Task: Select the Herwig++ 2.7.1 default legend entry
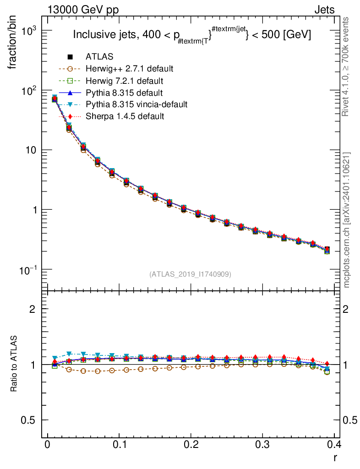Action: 129,69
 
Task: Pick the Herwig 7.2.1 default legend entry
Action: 124,81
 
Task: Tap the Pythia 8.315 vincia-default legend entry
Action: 136,104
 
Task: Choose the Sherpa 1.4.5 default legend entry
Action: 125,116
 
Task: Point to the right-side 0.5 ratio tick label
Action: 350,420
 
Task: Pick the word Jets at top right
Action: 324,10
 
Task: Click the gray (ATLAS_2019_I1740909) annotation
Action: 190,274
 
